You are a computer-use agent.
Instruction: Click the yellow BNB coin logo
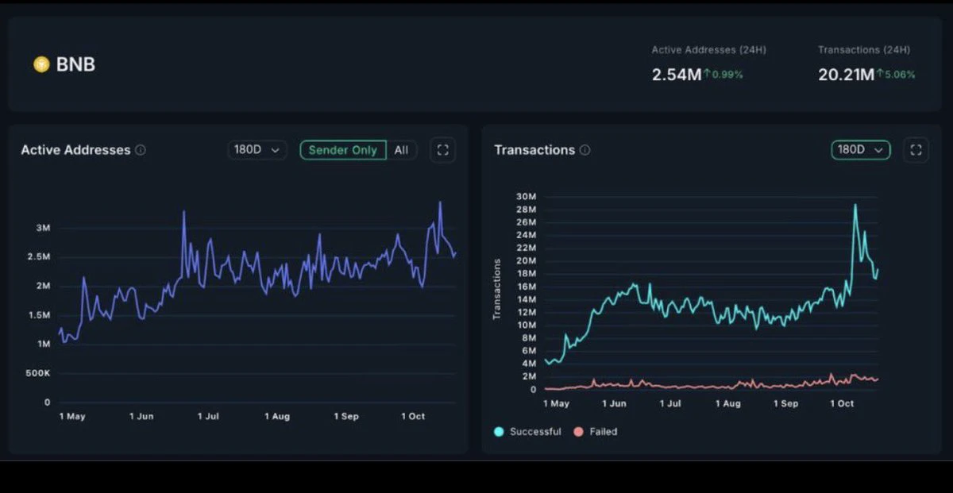pyautogui.click(x=41, y=64)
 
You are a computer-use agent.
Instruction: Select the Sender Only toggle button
pyautogui.click(x=343, y=150)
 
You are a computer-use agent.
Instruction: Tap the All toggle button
pyautogui.click(x=401, y=150)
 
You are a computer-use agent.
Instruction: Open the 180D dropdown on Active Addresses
pyautogui.click(x=257, y=150)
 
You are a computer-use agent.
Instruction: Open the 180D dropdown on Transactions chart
pyautogui.click(x=860, y=150)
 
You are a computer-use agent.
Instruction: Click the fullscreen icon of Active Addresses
pyautogui.click(x=443, y=150)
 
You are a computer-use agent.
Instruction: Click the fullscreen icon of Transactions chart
pyautogui.click(x=916, y=150)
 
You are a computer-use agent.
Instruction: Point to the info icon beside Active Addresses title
pyautogui.click(x=141, y=150)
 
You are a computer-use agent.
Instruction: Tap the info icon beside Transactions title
pyautogui.click(x=585, y=150)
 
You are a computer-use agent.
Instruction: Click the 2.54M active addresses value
pyautogui.click(x=677, y=75)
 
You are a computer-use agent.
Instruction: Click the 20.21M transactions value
pyautogui.click(x=846, y=75)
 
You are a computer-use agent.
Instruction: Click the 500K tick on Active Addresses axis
pyautogui.click(x=38, y=373)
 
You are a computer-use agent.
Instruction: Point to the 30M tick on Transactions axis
pyautogui.click(x=527, y=197)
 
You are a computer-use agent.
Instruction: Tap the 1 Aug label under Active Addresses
pyautogui.click(x=277, y=417)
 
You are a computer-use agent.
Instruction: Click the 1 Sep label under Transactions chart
pyautogui.click(x=785, y=403)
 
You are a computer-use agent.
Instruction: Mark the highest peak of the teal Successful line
pyautogui.click(x=855, y=205)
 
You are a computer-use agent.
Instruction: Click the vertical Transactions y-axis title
pyautogui.click(x=496, y=289)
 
